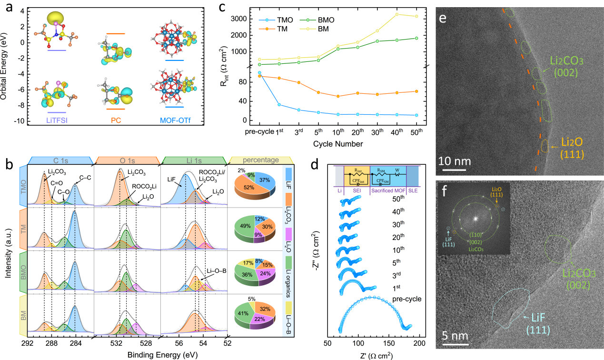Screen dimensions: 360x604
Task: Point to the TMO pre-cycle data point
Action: pyautogui.click(x=259, y=73)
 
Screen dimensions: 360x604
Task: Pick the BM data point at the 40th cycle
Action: pyautogui.click(x=396, y=14)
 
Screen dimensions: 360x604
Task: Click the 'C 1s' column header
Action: pyautogui.click(x=59, y=160)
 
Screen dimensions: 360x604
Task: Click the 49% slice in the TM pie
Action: pyautogui.click(x=244, y=232)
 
